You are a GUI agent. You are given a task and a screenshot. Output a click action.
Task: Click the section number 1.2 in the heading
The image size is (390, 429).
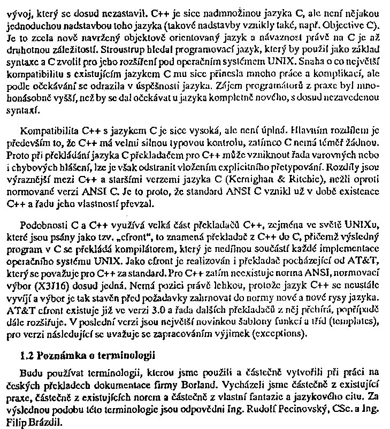coord(25,356)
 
